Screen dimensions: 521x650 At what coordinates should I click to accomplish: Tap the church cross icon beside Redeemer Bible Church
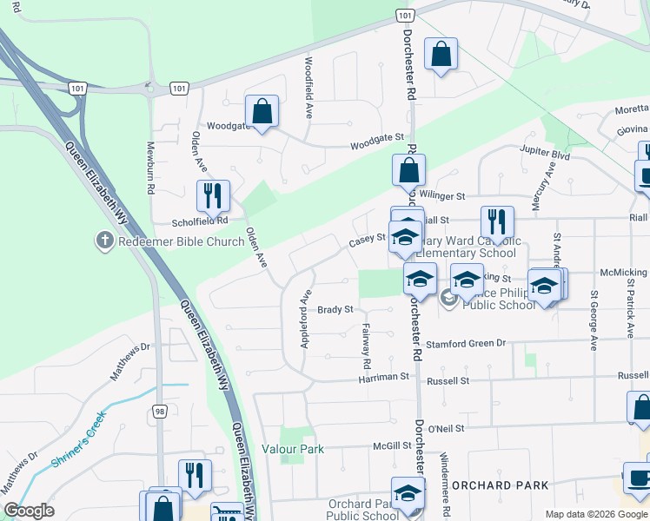tap(104, 241)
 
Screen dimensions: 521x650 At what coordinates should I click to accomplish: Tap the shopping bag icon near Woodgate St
tap(262, 111)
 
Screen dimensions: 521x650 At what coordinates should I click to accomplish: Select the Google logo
tap(29, 511)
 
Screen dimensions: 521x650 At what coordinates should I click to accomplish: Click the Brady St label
tap(335, 309)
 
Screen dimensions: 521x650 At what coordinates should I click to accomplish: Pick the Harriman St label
tap(386, 378)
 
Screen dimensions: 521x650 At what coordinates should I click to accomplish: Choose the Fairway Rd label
tap(366, 345)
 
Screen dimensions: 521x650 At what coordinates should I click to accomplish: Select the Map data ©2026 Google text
tap(596, 513)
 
